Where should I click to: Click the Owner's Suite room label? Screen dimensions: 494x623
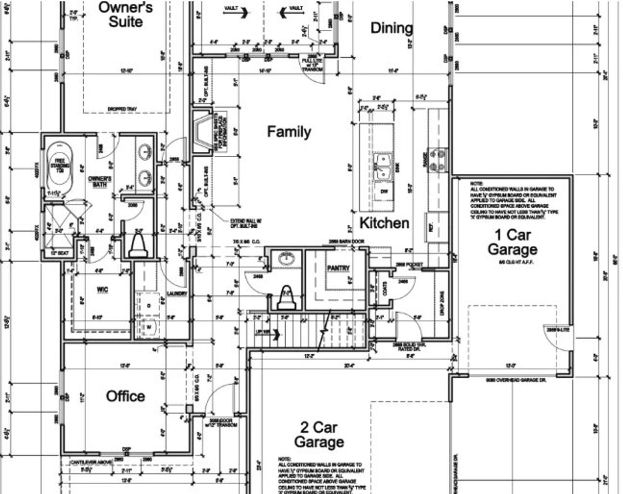pyautogui.click(x=126, y=15)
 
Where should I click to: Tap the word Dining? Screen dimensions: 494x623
pyautogui.click(x=391, y=28)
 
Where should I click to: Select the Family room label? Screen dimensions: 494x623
pyautogui.click(x=289, y=132)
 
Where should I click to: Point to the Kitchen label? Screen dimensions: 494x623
pyautogui.click(x=384, y=223)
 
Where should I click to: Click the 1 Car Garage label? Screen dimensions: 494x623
pyautogui.click(x=513, y=242)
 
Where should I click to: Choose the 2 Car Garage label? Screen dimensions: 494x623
pyautogui.click(x=319, y=435)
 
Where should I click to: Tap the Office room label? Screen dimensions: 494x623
pyautogui.click(x=125, y=396)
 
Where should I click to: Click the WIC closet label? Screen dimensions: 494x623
pyautogui.click(x=102, y=290)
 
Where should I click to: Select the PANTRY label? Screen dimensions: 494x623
pyautogui.click(x=338, y=268)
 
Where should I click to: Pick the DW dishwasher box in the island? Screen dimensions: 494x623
pyautogui.click(x=384, y=192)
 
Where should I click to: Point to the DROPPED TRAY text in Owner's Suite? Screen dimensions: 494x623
pyautogui.click(x=118, y=109)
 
